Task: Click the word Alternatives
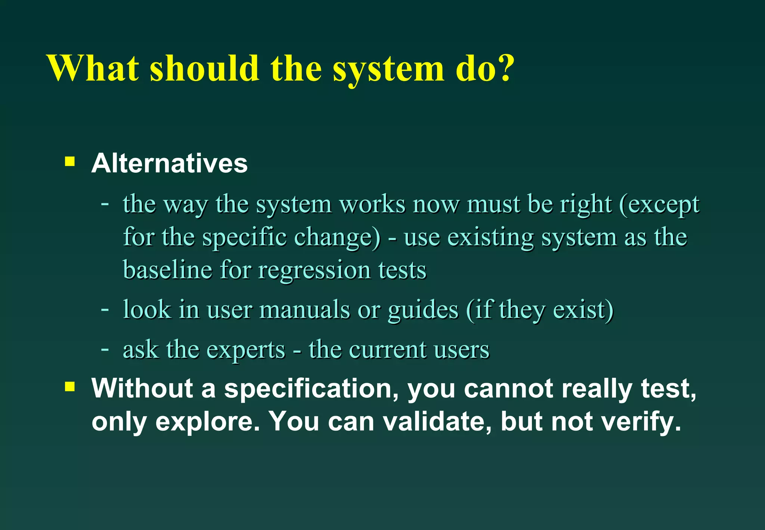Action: (170, 163)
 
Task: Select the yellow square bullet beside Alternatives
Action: (70, 161)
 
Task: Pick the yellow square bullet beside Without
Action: (70, 386)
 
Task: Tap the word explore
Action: (207, 421)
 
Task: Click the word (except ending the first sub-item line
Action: (659, 205)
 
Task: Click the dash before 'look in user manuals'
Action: (105, 309)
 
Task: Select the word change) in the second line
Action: (337, 237)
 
